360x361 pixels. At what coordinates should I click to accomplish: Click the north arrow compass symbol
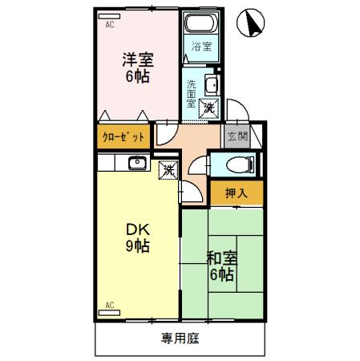pos(254,22)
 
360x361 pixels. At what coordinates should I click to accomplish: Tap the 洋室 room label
pos(137,60)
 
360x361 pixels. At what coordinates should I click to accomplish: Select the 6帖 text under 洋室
pos(137,78)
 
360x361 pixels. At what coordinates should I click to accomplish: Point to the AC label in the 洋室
pos(109,25)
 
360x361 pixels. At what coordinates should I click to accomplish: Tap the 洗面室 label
pos(192,93)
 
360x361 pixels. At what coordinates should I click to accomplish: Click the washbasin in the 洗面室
pos(212,85)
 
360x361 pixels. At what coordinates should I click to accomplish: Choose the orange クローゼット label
pos(124,136)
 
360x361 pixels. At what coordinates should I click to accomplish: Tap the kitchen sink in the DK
pos(136,164)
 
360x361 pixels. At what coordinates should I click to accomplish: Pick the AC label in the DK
pos(110,305)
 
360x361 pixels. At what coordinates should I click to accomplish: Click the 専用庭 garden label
pos(180,338)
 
